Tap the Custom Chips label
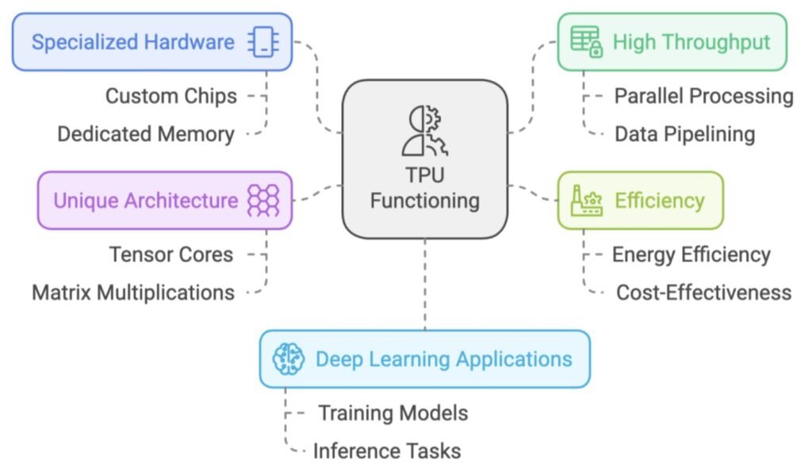point(171,96)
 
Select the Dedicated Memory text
point(146,134)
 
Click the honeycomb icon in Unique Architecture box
point(263,201)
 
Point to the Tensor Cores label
point(171,255)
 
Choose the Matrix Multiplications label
point(133,293)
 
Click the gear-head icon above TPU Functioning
point(424,131)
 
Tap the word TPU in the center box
point(424,176)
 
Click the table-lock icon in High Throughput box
point(587,42)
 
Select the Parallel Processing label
point(703,96)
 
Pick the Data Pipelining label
point(684,134)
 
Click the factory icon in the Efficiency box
point(587,201)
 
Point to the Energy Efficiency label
point(691,255)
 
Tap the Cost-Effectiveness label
point(703,293)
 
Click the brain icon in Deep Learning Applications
point(289,359)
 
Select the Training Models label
point(393,413)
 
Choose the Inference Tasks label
point(386,451)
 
